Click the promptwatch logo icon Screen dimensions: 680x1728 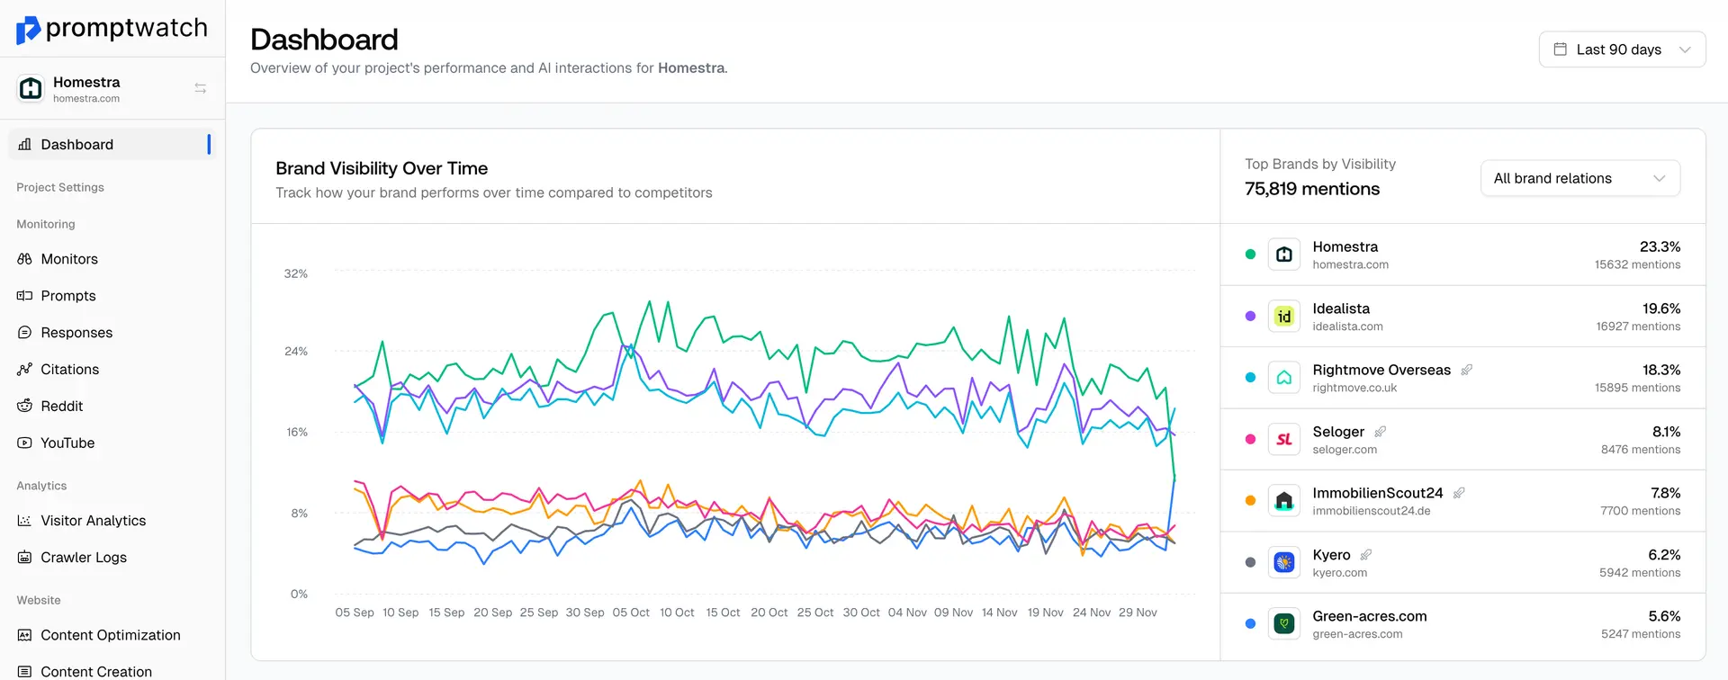point(28,30)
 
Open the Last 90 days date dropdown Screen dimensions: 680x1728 point(1622,49)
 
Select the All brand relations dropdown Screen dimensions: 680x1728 point(1579,178)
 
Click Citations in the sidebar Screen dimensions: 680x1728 point(69,369)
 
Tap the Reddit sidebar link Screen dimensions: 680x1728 point(61,406)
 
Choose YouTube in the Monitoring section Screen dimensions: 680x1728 point(67,443)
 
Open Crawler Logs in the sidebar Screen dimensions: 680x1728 point(83,557)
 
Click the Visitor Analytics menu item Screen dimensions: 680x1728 point(93,520)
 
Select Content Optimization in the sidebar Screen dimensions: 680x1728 point(110,634)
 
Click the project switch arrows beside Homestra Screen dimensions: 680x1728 point(200,88)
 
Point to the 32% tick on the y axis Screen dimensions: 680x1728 point(295,273)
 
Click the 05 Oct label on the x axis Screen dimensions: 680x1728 point(630,613)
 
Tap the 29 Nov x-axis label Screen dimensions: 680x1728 point(1137,613)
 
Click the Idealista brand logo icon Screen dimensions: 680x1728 point(1283,317)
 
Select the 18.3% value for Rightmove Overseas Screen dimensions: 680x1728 point(1660,370)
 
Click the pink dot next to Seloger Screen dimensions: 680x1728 point(1250,439)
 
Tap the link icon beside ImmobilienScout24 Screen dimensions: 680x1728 point(1459,493)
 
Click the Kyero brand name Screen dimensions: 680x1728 point(1331,554)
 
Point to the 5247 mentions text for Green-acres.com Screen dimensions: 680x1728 point(1640,634)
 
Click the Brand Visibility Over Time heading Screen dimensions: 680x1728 point(382,168)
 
